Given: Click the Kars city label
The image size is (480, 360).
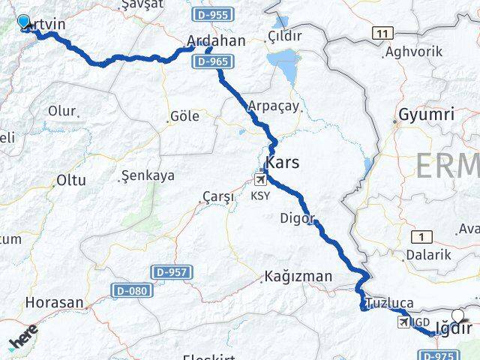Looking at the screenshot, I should (282, 162).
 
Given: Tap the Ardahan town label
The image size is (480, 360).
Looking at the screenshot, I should (217, 40).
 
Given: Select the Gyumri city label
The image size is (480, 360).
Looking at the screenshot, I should (426, 115).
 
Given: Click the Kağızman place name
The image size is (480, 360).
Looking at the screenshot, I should (298, 277).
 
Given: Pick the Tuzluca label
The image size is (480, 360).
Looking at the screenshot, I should (390, 304).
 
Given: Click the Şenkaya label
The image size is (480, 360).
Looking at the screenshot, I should (147, 176).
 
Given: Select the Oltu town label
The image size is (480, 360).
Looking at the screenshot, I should (71, 181).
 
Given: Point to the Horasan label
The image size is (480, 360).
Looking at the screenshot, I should (55, 302).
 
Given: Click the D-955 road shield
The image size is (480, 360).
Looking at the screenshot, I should (211, 14).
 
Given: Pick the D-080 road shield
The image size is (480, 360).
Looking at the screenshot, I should (133, 289).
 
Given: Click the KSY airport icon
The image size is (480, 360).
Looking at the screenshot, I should (260, 179).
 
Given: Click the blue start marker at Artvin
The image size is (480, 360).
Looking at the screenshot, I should (23, 22).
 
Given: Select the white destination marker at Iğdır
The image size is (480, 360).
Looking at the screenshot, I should (457, 316).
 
